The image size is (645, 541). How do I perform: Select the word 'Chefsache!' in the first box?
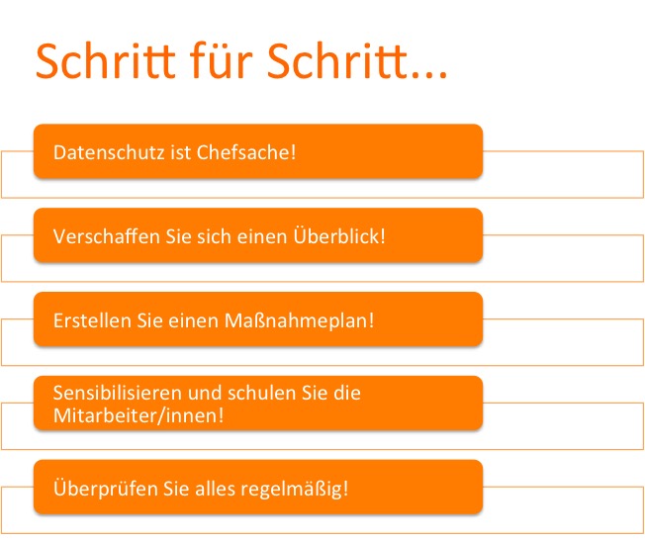coord(246,152)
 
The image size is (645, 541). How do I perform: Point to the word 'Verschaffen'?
coord(107,236)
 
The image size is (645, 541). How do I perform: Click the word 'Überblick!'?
coord(339,235)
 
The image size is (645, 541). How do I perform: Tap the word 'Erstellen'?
coord(92,320)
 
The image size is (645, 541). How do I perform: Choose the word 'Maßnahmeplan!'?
coord(299,320)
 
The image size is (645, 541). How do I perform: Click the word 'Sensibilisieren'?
coord(118,393)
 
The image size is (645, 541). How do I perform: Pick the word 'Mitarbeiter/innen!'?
coord(138,415)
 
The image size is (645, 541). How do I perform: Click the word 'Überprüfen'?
coord(106,488)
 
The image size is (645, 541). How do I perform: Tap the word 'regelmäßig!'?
coord(295,489)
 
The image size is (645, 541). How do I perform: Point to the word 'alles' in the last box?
coord(215,489)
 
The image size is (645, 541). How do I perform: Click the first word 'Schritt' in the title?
coord(106,60)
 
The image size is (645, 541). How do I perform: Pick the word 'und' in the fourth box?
coord(205,393)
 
